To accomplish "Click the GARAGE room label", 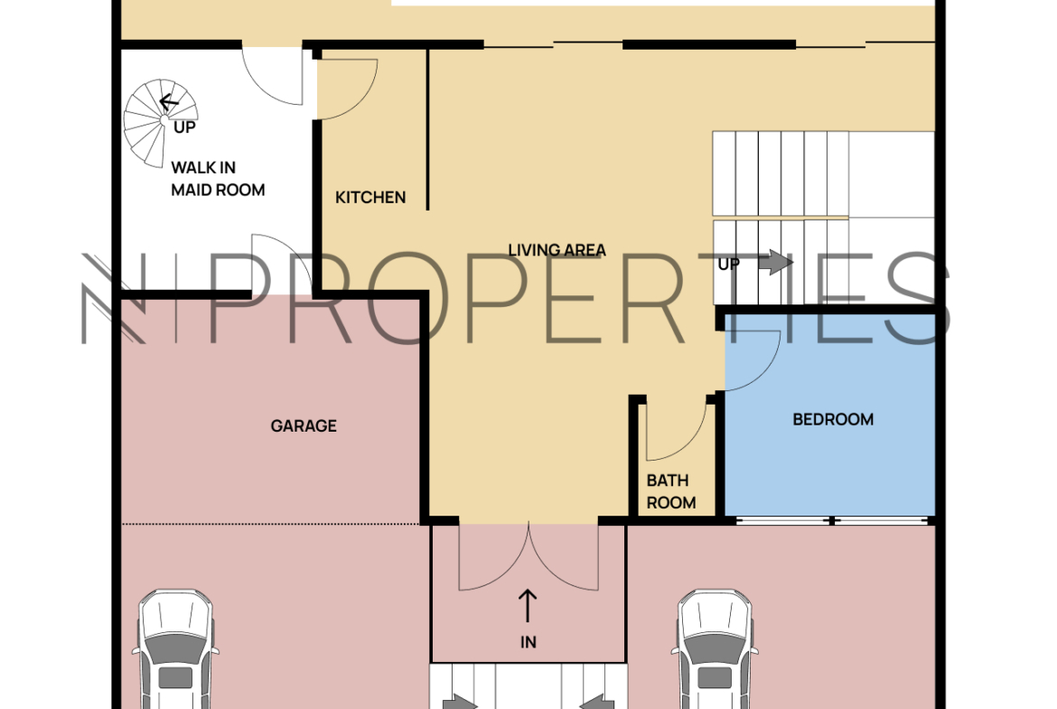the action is pos(304,426).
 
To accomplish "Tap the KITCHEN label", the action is pos(370,198).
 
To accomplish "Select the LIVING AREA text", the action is pos(557,250).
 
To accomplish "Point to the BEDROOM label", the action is pos(833,419).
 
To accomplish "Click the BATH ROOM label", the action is pos(670,491).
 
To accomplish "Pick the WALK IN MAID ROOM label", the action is pos(218,179).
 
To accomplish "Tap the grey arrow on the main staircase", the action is pos(776,262).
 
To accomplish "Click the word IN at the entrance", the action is pos(528,642).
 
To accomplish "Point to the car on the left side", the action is pos(175,649).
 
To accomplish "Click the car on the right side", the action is pos(715,649).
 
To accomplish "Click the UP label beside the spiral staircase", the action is pos(184,127).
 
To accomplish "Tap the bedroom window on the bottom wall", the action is pos(833,520).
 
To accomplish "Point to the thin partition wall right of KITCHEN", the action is pos(427,129).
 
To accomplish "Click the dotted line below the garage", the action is pos(270,524).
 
